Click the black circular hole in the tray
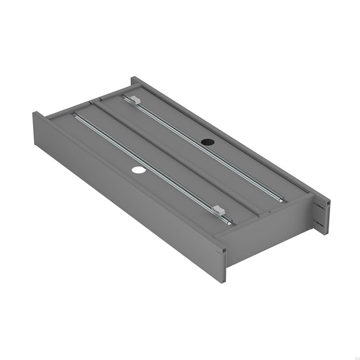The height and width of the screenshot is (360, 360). [207, 142]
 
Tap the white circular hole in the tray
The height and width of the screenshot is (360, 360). [137, 169]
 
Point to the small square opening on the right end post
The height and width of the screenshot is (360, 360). [328, 204]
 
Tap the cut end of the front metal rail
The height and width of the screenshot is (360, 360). [229, 223]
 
